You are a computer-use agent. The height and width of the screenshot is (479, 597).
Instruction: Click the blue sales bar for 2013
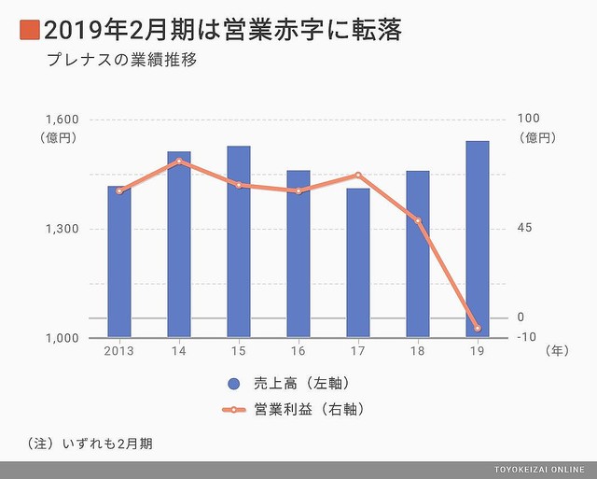click(119, 261)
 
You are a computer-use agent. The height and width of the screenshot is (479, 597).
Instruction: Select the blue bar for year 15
click(239, 241)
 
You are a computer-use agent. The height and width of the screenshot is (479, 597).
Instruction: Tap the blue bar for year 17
click(358, 262)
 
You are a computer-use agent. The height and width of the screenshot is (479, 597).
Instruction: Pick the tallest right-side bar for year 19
click(478, 238)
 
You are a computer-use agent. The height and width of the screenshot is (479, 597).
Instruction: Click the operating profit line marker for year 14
click(179, 162)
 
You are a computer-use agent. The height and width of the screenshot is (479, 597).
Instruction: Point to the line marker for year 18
click(418, 220)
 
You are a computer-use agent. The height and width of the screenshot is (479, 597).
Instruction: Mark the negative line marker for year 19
click(478, 329)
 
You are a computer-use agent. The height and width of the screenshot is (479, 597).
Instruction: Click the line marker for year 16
click(298, 191)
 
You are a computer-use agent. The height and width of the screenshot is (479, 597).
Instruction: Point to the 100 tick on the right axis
click(528, 120)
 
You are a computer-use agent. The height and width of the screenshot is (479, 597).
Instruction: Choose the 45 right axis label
click(524, 229)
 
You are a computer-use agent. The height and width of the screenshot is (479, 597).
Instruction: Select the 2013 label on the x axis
click(119, 352)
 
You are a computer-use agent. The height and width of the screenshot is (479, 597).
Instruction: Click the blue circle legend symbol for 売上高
click(233, 384)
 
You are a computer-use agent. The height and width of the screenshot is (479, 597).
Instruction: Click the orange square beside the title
click(28, 31)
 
